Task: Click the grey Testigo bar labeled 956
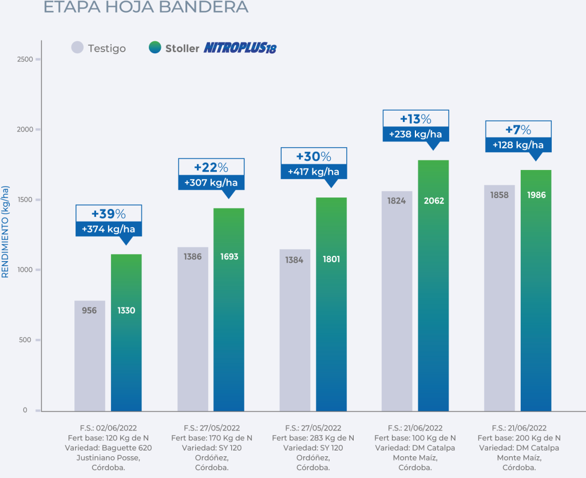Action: [x=90, y=355]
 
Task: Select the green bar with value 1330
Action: [x=126, y=332]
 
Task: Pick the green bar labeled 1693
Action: [x=229, y=309]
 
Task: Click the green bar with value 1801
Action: [x=331, y=303]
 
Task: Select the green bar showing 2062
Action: [x=433, y=286]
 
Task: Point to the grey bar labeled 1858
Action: [x=500, y=298]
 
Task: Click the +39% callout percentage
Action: [x=109, y=214]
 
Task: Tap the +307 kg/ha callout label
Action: [x=211, y=183]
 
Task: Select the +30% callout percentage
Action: [x=314, y=157]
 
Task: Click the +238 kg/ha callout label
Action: [x=416, y=134]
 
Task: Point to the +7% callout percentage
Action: [x=518, y=130]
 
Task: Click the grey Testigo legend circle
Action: [x=78, y=48]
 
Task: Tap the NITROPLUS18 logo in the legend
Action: [x=240, y=48]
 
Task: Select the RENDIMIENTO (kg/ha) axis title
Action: [x=6, y=231]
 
